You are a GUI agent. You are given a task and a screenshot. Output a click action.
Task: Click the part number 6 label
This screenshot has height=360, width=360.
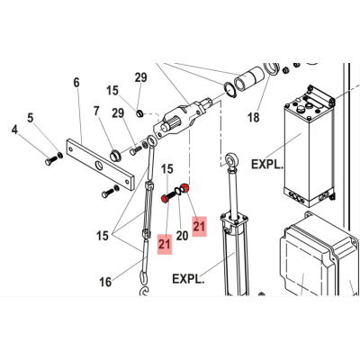point(76,83)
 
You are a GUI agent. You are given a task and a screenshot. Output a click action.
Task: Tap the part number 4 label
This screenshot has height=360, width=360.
point(14,130)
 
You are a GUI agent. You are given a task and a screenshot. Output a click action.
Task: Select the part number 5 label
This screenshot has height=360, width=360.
point(31,118)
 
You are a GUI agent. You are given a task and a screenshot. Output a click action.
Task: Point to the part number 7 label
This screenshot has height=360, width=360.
point(96,112)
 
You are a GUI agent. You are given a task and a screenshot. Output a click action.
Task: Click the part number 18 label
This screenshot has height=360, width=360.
point(254,117)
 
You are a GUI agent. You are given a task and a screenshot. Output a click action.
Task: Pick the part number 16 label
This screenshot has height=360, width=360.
point(105,282)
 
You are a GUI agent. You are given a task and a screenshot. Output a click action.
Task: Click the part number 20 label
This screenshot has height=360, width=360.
point(182,236)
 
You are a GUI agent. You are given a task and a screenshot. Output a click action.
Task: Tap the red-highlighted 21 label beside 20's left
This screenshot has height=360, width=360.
point(165,245)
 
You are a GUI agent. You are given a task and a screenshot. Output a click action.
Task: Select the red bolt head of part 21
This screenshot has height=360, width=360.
point(165,199)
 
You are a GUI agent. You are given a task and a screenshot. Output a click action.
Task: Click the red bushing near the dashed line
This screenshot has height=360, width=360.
point(184,188)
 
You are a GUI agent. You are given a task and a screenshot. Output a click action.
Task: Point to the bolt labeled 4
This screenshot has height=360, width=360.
point(50,160)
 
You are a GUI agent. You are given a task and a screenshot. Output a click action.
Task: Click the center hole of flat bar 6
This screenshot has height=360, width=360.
point(99,165)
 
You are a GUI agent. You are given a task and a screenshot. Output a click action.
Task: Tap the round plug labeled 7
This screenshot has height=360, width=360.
point(115,155)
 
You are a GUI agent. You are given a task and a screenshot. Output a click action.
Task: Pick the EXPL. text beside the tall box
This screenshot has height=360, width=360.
point(266,164)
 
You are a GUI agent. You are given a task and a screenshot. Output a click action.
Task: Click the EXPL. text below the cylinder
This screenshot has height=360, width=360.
point(188,279)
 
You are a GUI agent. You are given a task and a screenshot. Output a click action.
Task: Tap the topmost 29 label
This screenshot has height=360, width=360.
point(140,77)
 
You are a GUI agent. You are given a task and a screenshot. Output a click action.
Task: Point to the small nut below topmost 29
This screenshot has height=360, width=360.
point(139,113)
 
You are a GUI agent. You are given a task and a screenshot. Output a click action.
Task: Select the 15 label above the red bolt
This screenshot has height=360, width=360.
point(167,169)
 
